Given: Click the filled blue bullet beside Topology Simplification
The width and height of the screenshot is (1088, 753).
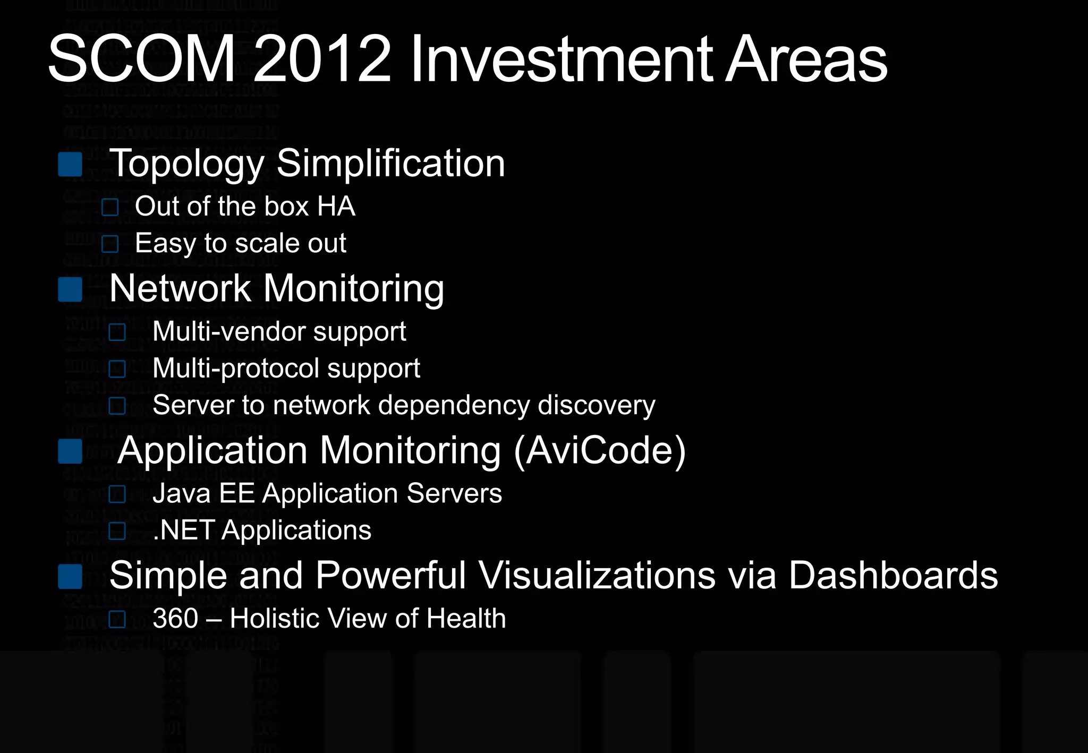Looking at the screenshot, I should coord(70,164).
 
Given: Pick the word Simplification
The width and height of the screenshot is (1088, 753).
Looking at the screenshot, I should coord(390,163).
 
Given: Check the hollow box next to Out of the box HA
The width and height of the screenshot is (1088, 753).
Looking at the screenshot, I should coord(110,207).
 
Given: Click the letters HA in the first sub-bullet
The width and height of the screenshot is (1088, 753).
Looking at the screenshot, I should coord(336,206).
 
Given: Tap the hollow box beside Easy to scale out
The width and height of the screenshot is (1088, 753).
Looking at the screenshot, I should coord(110,244).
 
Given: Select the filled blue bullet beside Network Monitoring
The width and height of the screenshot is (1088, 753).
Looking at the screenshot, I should coord(70,289).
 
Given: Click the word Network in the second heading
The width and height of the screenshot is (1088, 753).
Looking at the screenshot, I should coord(180,288).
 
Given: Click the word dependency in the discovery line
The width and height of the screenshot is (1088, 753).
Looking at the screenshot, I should coord(454,406).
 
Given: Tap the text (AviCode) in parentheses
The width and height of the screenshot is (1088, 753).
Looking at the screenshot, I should coord(600,451).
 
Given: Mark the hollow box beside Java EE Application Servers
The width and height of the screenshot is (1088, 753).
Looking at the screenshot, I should coord(117,494).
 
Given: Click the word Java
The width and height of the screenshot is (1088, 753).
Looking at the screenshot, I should coord(181,493).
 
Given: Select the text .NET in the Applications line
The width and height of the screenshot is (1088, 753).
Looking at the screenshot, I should coord(184,530).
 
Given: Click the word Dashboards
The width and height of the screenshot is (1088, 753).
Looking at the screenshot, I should coord(893,575).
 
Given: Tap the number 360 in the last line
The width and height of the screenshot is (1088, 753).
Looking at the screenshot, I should coord(175,619).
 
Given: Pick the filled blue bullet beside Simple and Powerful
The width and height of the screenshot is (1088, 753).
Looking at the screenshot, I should coord(70,577).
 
